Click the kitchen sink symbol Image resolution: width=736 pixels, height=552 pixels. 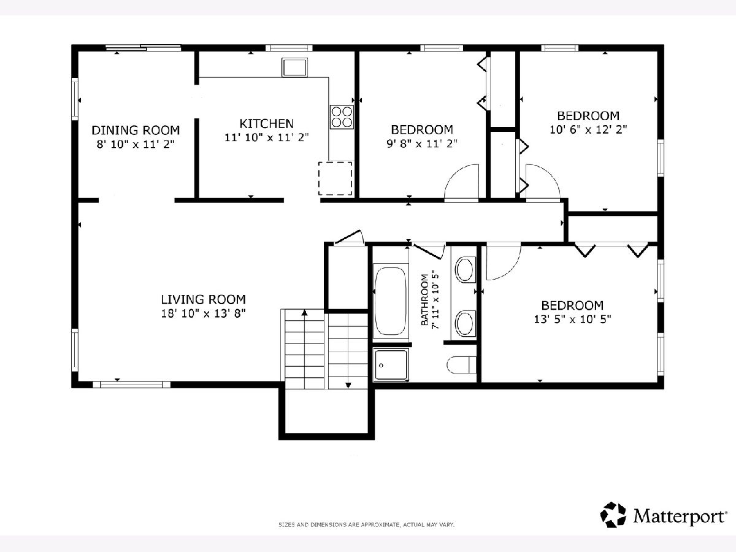point(294,67)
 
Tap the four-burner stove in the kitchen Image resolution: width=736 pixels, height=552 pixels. point(342,117)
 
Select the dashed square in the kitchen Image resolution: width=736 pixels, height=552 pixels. point(335,178)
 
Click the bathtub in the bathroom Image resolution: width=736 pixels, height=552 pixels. point(391,301)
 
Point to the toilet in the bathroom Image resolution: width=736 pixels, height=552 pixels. point(461,365)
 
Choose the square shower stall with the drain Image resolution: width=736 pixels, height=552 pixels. point(391,365)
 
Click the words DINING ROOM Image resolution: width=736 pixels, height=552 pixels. point(136,130)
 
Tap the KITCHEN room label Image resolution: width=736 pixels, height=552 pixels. point(267,124)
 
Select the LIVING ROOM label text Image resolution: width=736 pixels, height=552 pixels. point(204,299)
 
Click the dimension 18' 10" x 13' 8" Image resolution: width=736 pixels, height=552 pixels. point(204,313)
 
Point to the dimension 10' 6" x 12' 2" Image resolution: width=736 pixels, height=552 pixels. point(588,129)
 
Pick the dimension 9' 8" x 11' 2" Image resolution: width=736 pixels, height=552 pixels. point(422,144)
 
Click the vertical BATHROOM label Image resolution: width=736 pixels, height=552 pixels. point(424,300)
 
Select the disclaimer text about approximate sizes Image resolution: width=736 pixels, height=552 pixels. point(367,524)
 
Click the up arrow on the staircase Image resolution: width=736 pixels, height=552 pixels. point(304,313)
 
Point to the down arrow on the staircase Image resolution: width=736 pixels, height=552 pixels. point(348,385)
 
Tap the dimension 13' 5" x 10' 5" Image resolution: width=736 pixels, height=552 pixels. point(572,319)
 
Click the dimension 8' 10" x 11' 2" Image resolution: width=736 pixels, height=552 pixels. point(136,145)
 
